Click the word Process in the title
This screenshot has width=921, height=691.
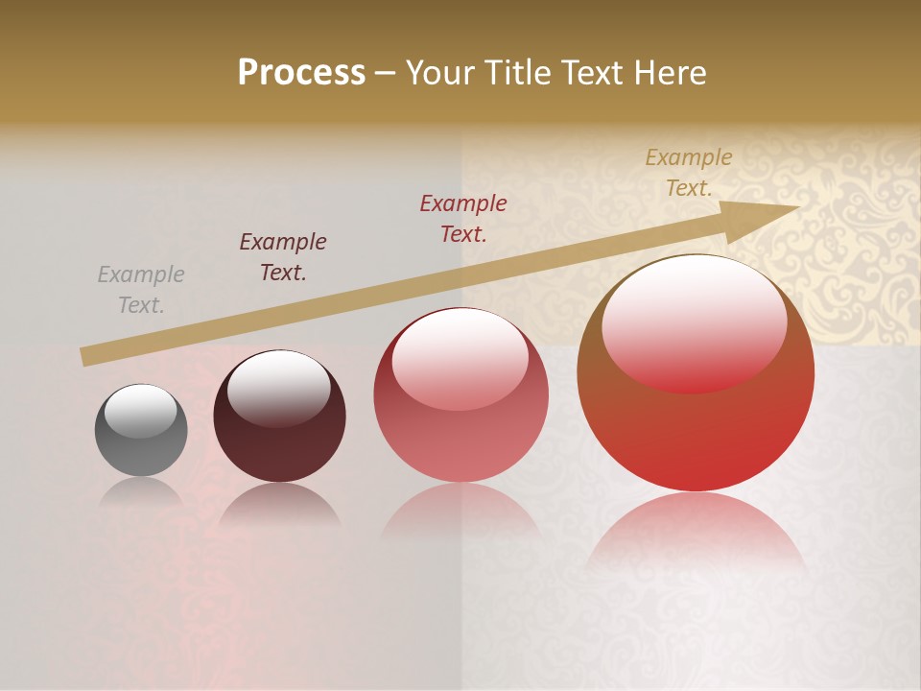301,72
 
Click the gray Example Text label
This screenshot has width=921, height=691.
141,290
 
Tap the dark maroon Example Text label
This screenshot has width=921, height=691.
283,257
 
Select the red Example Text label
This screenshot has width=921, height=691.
463,218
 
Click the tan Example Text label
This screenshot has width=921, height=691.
689,173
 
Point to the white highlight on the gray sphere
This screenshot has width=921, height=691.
140,411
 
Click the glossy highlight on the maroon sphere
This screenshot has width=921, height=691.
278,386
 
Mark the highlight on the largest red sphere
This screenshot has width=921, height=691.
694,322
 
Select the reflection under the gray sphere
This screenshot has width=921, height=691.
141,491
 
